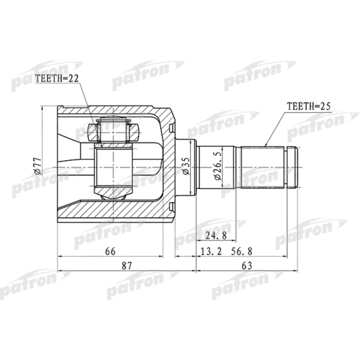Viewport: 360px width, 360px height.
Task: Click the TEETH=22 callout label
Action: coord(57,78)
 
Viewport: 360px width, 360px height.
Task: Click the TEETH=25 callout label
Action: coord(308,106)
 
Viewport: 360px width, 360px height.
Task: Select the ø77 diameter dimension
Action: coord(37,166)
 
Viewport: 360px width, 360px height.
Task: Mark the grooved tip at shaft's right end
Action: coord(293,167)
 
